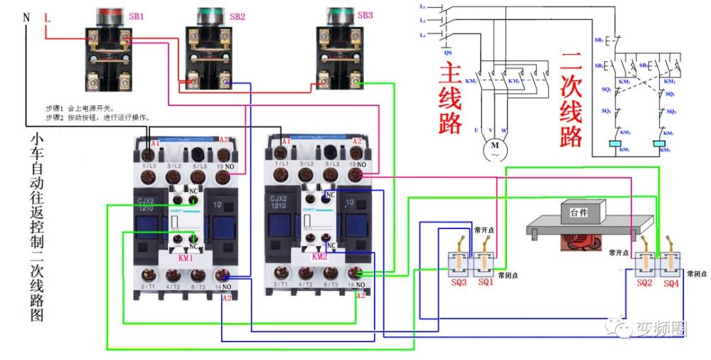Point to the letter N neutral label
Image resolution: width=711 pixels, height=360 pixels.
point(26,16)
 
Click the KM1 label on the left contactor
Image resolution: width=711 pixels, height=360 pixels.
point(187,256)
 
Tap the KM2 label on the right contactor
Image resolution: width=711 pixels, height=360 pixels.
point(319,256)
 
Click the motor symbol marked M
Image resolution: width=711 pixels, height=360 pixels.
point(493,150)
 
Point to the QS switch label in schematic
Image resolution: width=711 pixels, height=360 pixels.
point(447,52)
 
